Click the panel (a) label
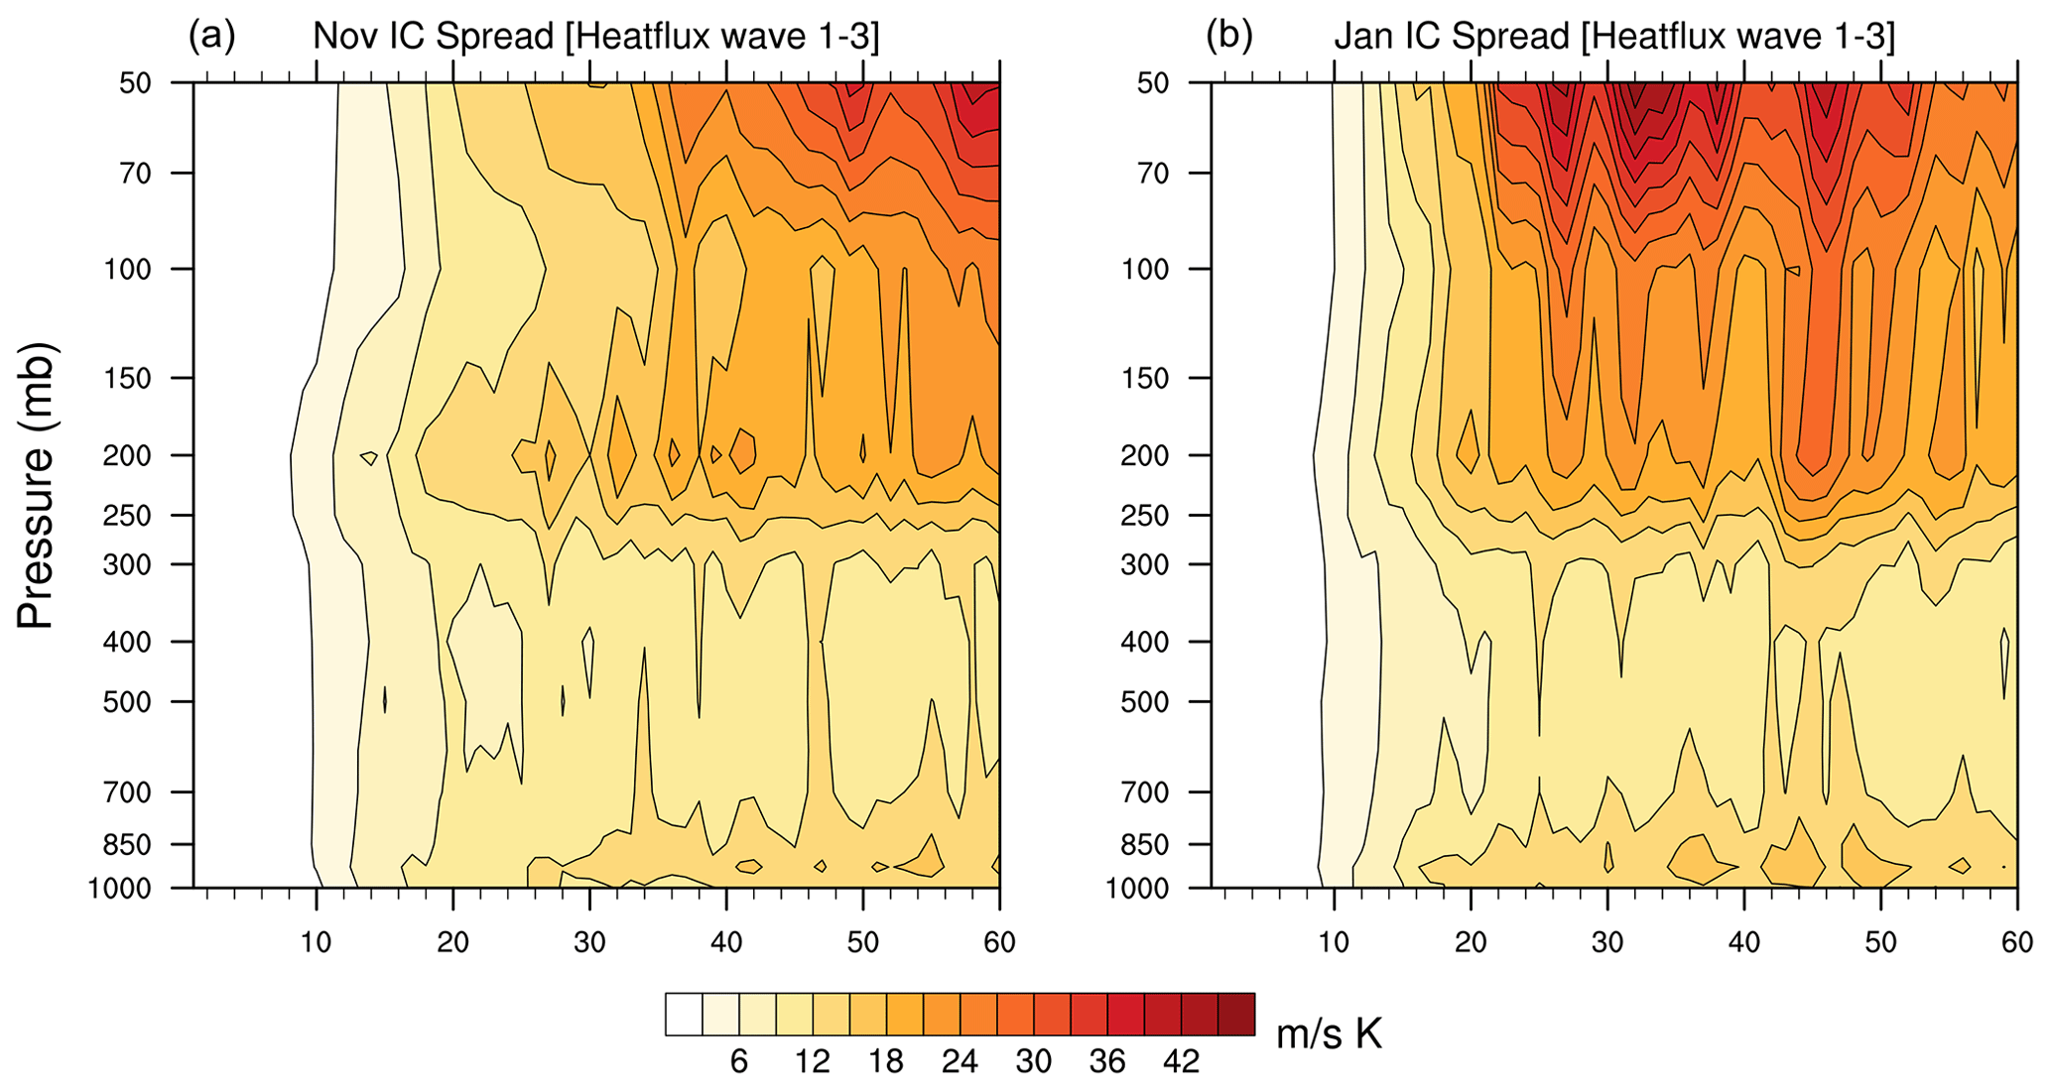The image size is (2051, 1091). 211,37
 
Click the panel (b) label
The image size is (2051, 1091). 1228,37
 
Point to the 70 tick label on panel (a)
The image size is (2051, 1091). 130,174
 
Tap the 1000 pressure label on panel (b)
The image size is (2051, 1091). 1137,888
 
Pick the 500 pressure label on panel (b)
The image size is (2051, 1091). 1147,702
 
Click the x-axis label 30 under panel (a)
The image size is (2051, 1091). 589,941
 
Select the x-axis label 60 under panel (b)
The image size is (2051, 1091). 2017,941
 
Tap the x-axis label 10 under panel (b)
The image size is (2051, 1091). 1334,941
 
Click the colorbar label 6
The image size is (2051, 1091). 739,1062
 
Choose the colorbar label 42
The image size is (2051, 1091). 1182,1062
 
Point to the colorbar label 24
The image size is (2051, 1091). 960,1062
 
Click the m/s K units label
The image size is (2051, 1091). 1328,1034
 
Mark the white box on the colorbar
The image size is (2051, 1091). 684,1015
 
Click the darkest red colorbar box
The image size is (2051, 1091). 1236,1015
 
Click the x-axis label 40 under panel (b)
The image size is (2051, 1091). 1744,941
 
